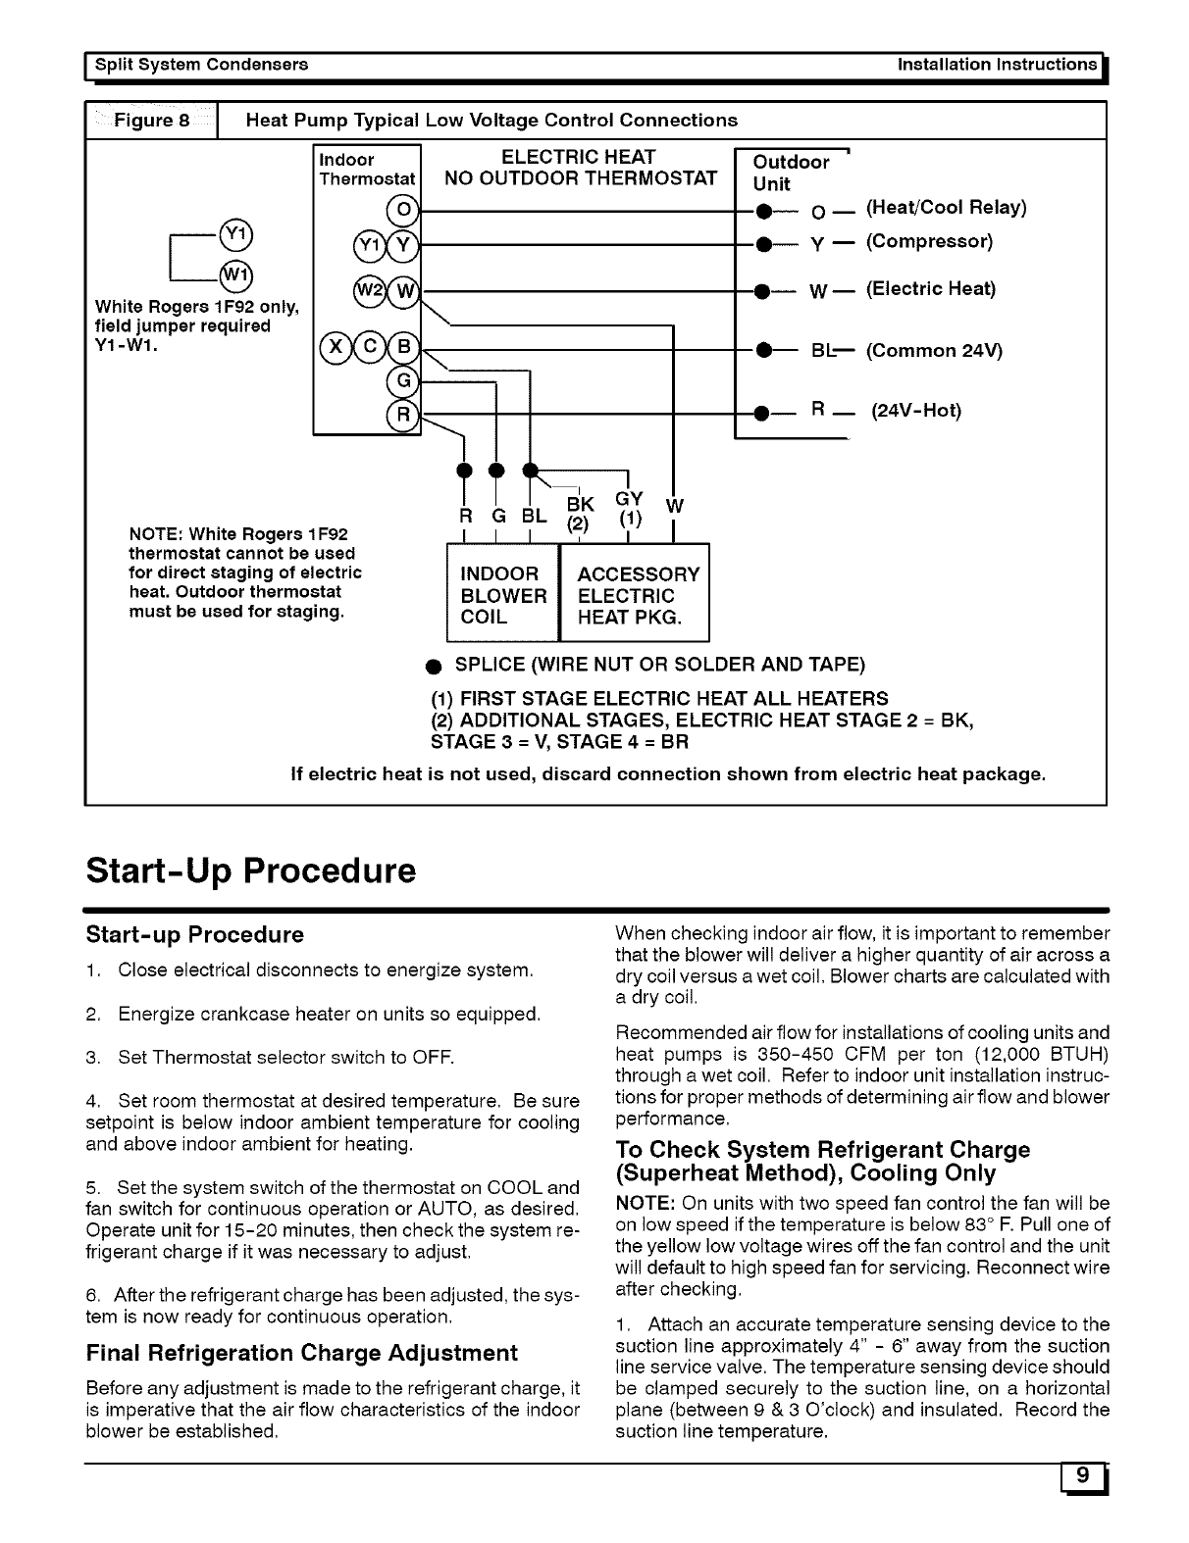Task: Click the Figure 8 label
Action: pos(152,121)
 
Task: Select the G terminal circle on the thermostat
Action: pos(401,379)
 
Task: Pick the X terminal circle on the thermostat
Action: pos(335,348)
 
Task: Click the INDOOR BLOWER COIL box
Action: pos(502,595)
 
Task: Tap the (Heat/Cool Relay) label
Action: pos(947,208)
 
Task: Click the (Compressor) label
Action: pos(929,241)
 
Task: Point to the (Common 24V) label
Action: pos(934,350)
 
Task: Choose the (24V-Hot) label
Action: pos(916,411)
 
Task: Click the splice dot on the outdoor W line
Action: pos(759,290)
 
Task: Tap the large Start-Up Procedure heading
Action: pos(251,870)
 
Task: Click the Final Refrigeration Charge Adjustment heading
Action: pos(302,1353)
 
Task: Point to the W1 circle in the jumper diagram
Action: pos(235,274)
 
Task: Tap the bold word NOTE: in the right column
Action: pos(644,1203)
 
